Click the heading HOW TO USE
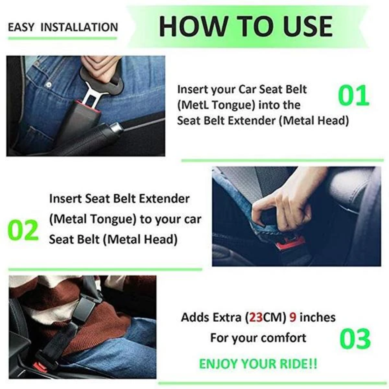245,26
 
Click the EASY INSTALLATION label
63,27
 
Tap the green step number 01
354,96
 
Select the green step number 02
23,230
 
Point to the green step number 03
355,339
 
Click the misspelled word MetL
193,105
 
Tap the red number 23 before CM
256,317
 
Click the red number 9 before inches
293,317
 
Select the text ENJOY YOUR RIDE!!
258,364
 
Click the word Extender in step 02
164,199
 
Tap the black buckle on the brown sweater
84,310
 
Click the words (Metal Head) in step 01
314,121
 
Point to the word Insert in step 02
65,199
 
